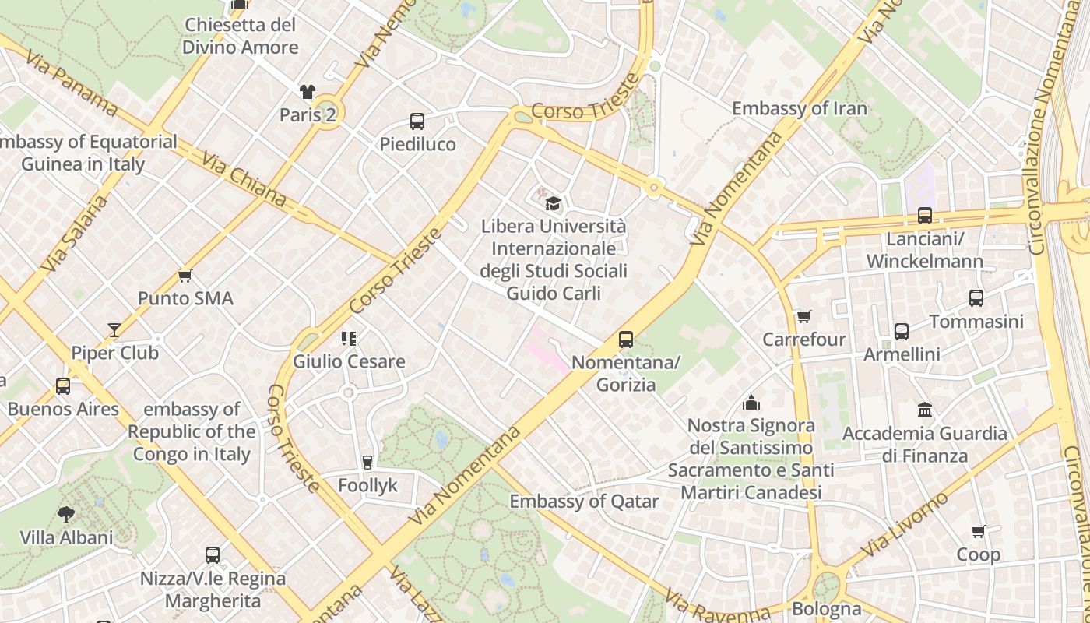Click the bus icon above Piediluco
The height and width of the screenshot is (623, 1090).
[417, 121]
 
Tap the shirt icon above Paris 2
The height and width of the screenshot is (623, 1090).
[308, 92]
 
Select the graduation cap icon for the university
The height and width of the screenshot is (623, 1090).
[553, 204]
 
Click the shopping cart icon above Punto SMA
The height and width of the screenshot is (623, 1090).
[185, 276]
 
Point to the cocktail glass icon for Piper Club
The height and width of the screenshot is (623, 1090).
[114, 330]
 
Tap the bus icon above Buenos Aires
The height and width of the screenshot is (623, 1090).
[63, 386]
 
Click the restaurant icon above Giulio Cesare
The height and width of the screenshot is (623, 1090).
[349, 339]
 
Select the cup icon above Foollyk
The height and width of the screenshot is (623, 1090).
[367, 463]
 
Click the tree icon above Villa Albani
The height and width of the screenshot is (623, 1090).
[66, 514]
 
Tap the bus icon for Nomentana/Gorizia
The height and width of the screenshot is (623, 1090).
[626, 340]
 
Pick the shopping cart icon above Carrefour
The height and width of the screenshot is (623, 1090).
[803, 317]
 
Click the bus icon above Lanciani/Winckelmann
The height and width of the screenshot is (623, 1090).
[925, 216]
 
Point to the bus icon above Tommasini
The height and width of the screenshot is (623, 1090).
[976, 298]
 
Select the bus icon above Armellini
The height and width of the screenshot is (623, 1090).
[902, 332]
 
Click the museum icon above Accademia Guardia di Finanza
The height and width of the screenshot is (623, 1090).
[925, 410]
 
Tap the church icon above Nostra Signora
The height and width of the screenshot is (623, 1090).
[751, 403]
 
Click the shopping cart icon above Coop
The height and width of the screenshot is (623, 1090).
[979, 532]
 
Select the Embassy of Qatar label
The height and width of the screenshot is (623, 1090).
[584, 502]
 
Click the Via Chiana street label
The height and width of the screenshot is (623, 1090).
[243, 180]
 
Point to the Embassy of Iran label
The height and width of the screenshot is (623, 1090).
[799, 108]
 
